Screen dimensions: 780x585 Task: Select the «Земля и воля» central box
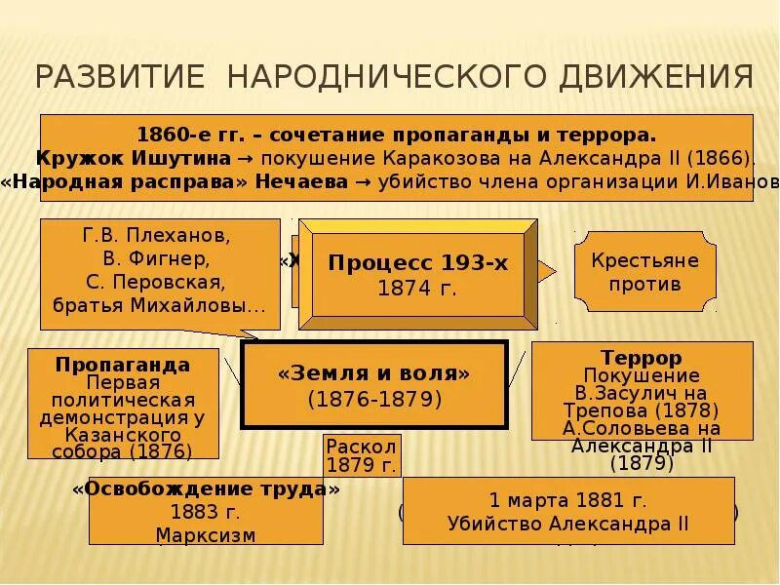[374, 385]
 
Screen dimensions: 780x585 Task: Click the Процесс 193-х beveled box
[417, 274]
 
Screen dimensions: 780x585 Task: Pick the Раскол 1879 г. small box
[361, 454]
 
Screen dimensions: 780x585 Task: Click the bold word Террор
[641, 358]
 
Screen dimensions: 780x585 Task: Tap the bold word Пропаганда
[123, 364]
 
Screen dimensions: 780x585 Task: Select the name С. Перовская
[156, 283]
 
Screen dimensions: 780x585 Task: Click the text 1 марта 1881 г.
[567, 501]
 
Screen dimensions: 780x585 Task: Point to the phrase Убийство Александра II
[567, 524]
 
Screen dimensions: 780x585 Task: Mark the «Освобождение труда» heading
[206, 489]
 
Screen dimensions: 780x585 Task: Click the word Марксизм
[205, 535]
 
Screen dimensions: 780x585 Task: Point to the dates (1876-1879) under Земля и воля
[374, 399]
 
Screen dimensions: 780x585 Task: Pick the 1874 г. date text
[417, 289]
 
